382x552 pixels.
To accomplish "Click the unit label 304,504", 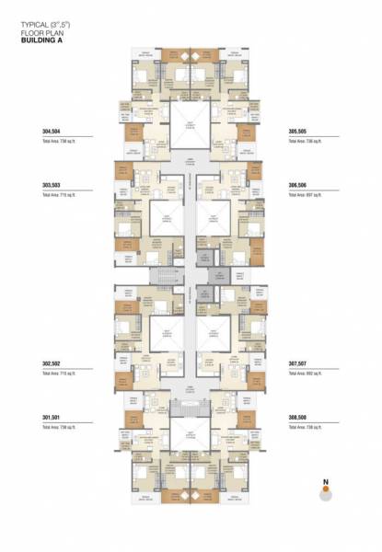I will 41,132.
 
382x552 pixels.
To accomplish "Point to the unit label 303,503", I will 41,185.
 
